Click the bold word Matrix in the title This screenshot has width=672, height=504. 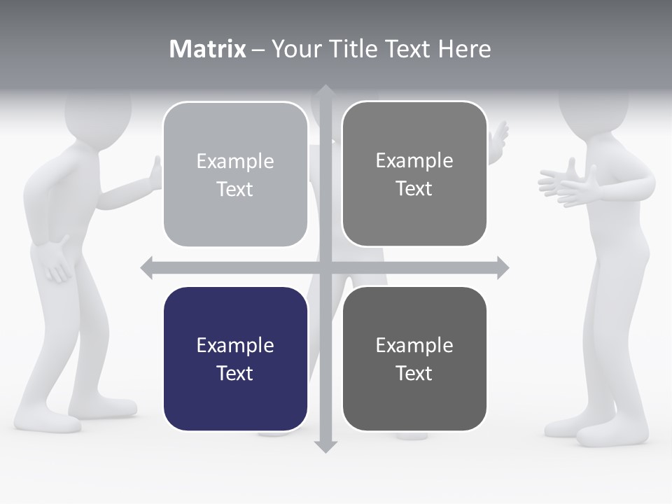[x=207, y=49]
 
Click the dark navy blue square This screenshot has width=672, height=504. [x=235, y=358]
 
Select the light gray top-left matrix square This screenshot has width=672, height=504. [x=235, y=174]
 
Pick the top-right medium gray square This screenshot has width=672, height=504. [x=414, y=174]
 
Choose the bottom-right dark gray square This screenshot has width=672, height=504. [x=414, y=358]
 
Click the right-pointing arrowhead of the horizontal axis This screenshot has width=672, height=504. [x=502, y=267]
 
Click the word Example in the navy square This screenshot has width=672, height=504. [x=235, y=345]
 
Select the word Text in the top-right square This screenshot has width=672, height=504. [x=414, y=188]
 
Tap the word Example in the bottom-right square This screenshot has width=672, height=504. [x=414, y=345]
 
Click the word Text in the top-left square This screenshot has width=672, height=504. [x=234, y=189]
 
